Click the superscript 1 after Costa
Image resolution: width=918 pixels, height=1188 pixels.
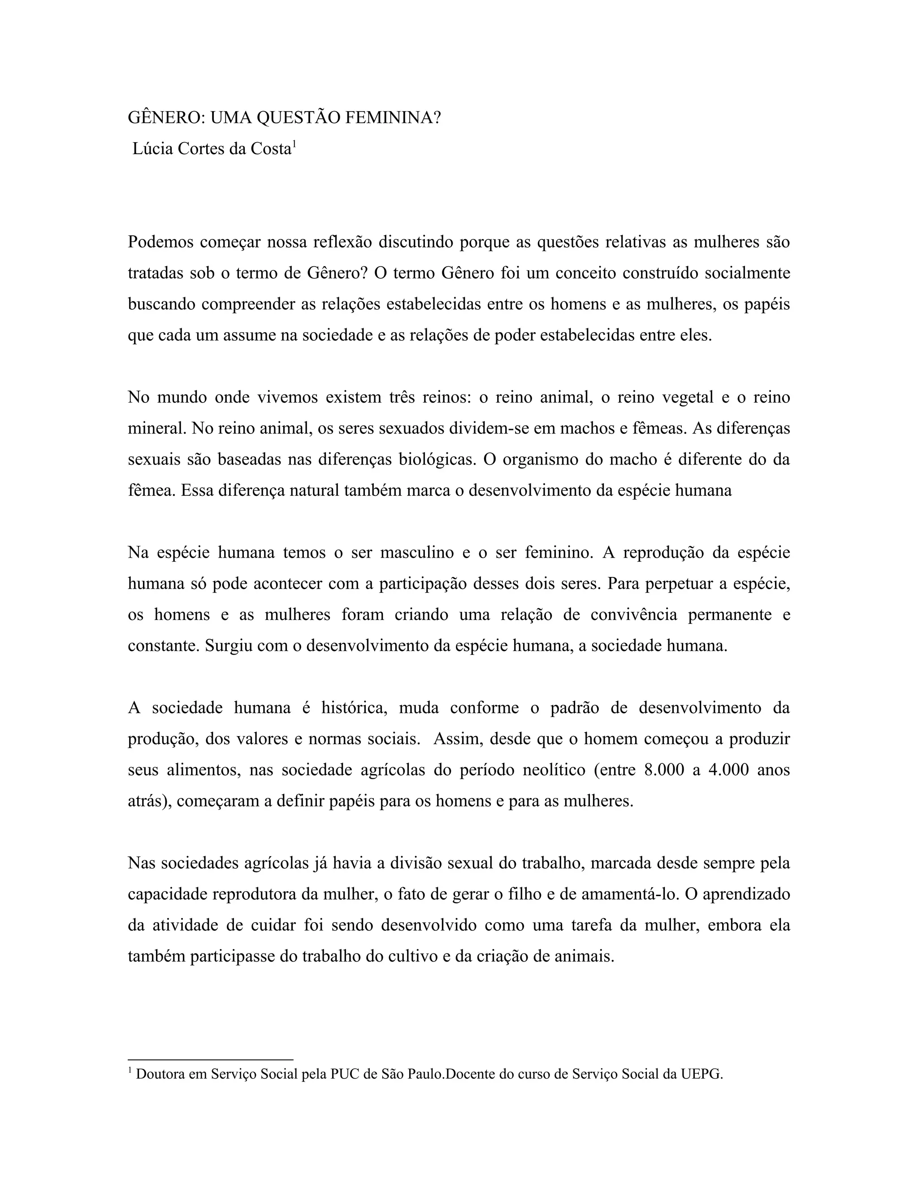(x=294, y=144)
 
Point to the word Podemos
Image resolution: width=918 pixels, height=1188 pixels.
(x=160, y=242)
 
